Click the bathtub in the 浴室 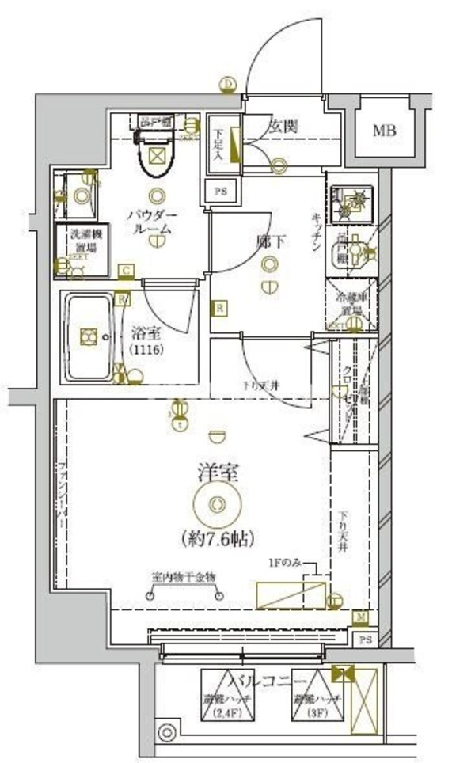coord(89,337)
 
